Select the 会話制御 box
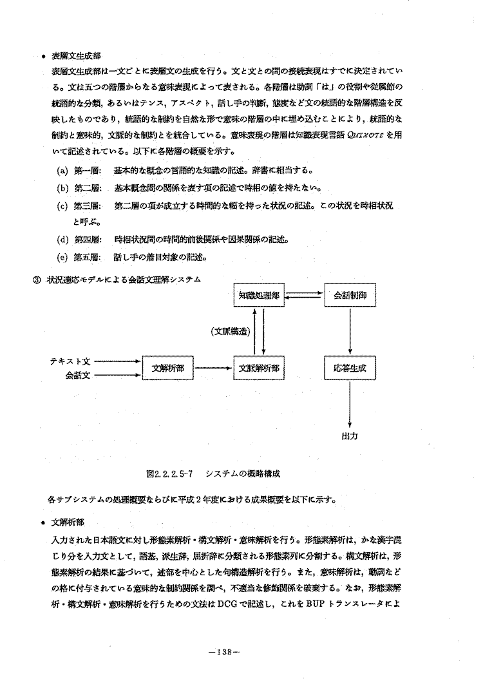(349, 297)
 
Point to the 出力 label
(349, 436)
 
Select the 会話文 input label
(77, 375)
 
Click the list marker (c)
(63, 206)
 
